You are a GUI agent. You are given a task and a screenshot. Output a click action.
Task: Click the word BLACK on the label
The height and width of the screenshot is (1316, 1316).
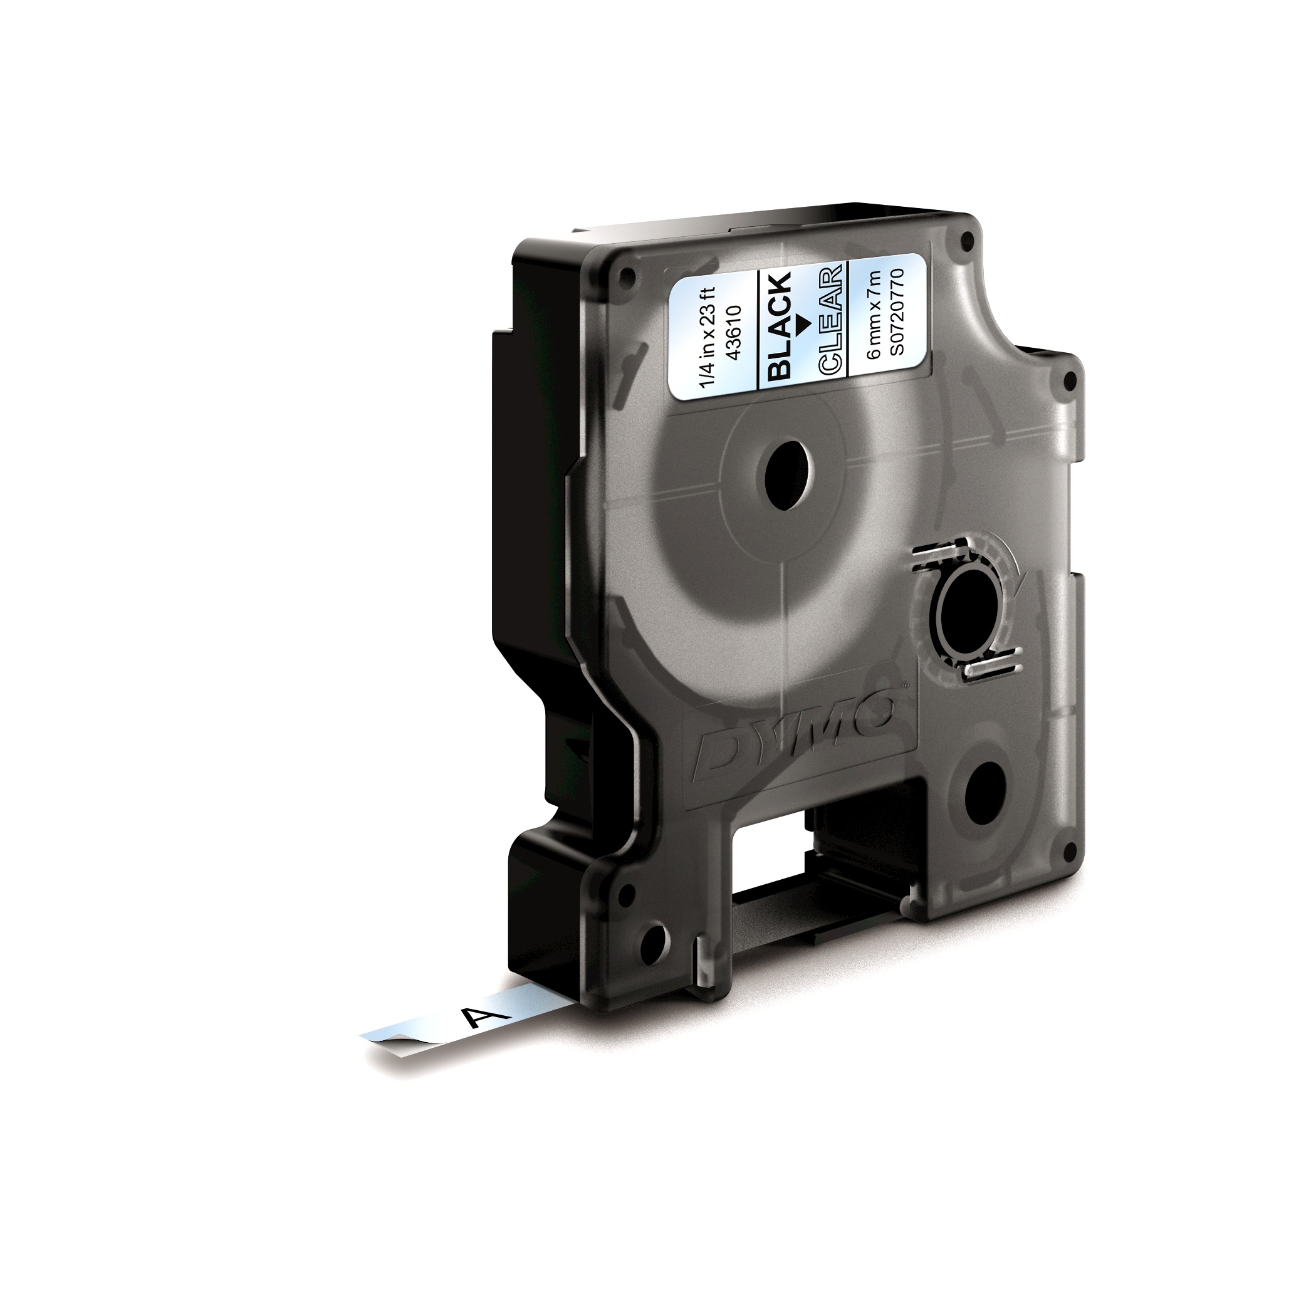pos(780,326)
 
